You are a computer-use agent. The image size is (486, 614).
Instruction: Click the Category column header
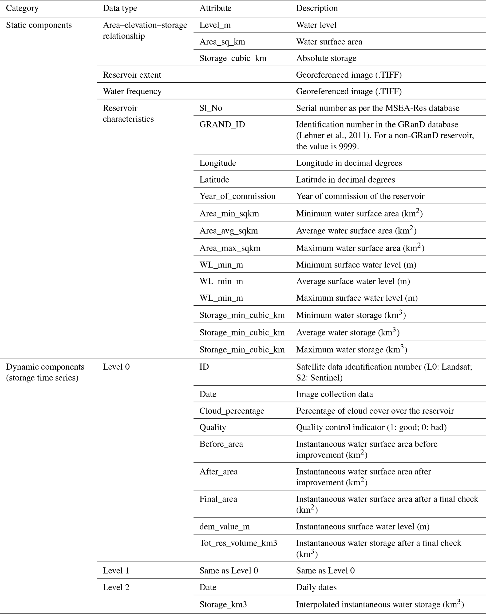22,8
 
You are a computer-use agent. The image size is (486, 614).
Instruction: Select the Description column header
317,8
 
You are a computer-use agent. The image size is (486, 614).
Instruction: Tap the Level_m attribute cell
215,25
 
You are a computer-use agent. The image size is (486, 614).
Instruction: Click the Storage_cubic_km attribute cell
233,58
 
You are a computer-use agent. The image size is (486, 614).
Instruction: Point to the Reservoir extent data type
132,75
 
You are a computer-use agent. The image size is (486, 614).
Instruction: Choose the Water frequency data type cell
132,91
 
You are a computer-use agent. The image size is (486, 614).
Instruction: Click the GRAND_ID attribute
222,125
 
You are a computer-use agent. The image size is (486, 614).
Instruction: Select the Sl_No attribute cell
211,108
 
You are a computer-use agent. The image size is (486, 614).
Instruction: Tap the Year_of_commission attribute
237,196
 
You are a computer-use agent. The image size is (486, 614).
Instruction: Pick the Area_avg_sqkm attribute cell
229,231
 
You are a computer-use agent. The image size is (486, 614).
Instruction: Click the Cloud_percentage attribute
232,411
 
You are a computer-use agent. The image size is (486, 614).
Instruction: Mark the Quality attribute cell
213,427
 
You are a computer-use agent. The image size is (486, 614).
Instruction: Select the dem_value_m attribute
225,527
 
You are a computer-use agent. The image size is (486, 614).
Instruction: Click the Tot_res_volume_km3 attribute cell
238,543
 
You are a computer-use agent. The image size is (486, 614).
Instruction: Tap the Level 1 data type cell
116,570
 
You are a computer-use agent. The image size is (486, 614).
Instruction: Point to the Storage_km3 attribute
223,604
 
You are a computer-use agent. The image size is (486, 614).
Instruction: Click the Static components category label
39,25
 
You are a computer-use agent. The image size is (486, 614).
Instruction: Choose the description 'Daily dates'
316,587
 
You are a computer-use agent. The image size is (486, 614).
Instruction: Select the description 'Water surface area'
329,42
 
